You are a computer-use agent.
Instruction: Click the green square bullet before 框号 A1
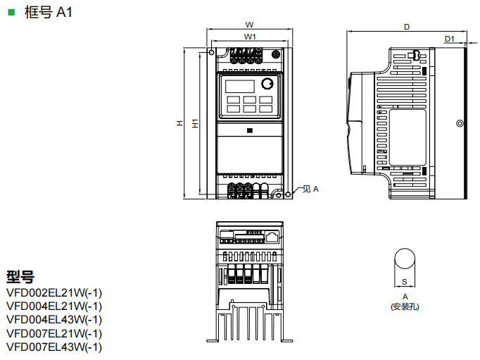tap(11, 12)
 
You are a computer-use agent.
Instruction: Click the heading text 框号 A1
tap(48, 13)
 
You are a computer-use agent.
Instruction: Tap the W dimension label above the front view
tap(250, 23)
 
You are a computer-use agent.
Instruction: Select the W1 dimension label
tap(250, 35)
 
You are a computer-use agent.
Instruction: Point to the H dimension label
tap(180, 124)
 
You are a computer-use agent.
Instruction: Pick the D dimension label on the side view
tap(407, 26)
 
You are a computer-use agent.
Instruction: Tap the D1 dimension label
tap(450, 38)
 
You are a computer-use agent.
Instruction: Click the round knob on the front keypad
tap(267, 85)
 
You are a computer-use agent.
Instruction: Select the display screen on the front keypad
tap(240, 85)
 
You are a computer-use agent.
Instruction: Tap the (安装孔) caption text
tap(405, 306)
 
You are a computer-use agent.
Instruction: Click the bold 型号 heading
tap(20, 277)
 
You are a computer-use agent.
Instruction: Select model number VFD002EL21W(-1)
tap(54, 292)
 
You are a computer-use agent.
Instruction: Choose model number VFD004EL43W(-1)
tap(54, 319)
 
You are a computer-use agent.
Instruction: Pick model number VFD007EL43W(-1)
tap(54, 346)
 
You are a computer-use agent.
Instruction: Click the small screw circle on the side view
tap(459, 123)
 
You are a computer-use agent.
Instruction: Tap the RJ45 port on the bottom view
tap(271, 235)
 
